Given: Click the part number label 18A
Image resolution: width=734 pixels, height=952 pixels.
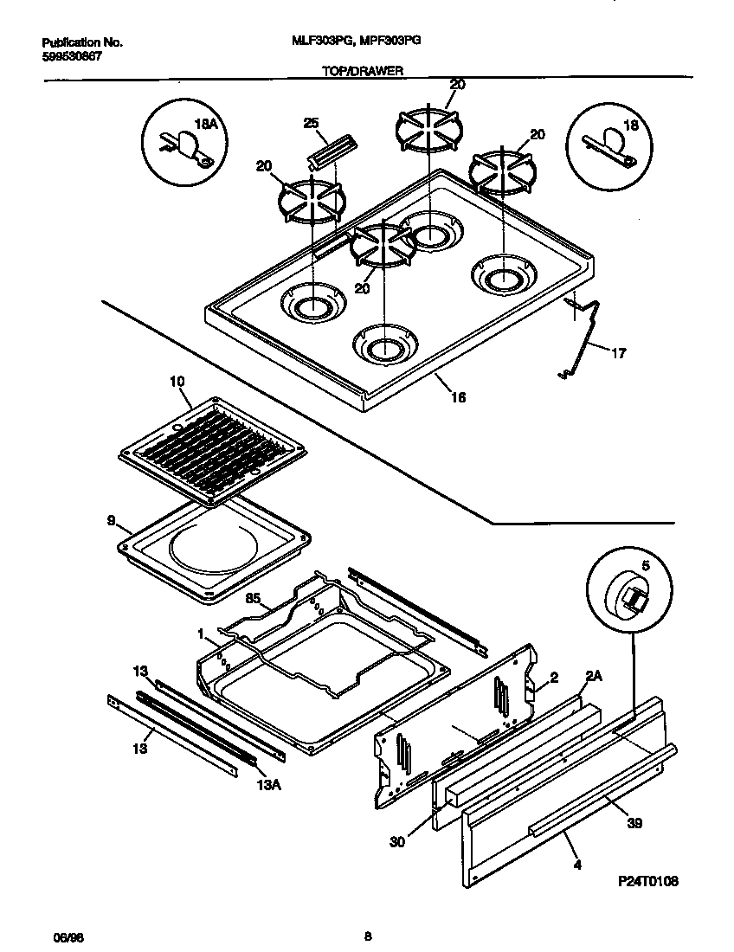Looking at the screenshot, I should pyautogui.click(x=206, y=125).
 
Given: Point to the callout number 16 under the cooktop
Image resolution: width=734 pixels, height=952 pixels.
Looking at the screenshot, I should pyautogui.click(x=459, y=396).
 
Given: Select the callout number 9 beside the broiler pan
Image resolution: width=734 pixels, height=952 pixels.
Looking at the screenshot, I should pyautogui.click(x=112, y=520).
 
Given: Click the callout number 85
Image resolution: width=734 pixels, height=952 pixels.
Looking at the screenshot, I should pyautogui.click(x=253, y=596).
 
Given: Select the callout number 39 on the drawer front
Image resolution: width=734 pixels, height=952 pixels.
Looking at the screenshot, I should pyautogui.click(x=634, y=824).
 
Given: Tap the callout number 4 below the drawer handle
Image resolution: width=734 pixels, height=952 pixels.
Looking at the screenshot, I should pyautogui.click(x=576, y=862).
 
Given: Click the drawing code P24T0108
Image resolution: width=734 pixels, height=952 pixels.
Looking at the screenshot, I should pyautogui.click(x=648, y=881).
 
